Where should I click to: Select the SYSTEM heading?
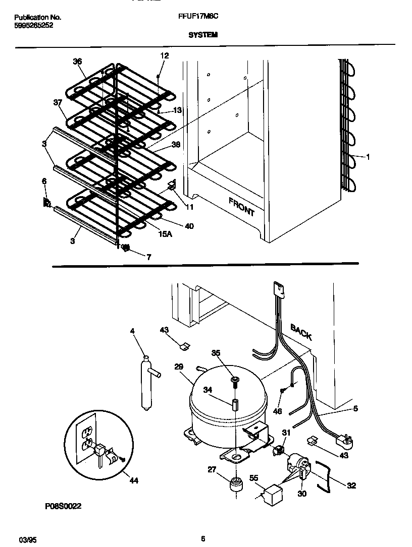[x=203, y=35]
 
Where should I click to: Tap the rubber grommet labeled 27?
[x=235, y=485]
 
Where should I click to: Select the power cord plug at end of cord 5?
[x=346, y=443]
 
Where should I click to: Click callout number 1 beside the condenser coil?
[x=368, y=157]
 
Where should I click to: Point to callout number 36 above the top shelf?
[x=77, y=62]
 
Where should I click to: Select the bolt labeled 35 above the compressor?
[x=235, y=381]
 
